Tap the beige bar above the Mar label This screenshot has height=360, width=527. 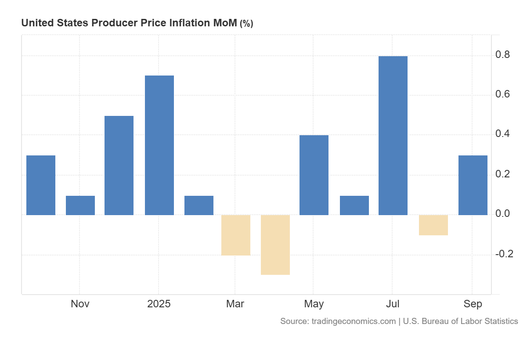[235, 235]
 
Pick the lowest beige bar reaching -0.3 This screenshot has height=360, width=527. [275, 245]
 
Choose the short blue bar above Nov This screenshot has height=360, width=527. [80, 205]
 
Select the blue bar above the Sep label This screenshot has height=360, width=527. [473, 185]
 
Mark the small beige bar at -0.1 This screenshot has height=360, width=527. [433, 225]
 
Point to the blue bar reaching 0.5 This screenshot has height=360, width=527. [119, 165]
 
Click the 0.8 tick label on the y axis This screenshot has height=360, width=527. [502, 55]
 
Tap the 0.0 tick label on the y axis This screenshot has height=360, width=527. [502, 214]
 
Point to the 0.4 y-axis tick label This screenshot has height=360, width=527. [502, 134]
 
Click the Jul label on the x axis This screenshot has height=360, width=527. [393, 304]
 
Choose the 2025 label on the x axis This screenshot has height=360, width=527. [159, 304]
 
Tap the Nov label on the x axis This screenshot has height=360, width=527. [80, 304]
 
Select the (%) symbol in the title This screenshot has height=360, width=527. [246, 24]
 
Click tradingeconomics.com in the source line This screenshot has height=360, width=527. [354, 321]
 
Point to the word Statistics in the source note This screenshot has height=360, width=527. [498, 321]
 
